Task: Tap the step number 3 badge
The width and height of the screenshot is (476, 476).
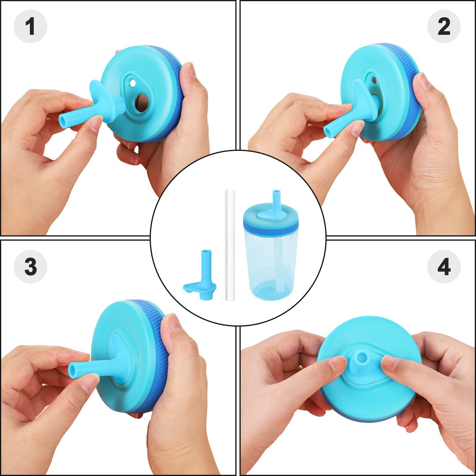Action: (x=30, y=266)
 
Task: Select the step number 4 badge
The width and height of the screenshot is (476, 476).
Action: (x=444, y=266)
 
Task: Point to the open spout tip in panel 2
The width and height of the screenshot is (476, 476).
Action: (x=327, y=131)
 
